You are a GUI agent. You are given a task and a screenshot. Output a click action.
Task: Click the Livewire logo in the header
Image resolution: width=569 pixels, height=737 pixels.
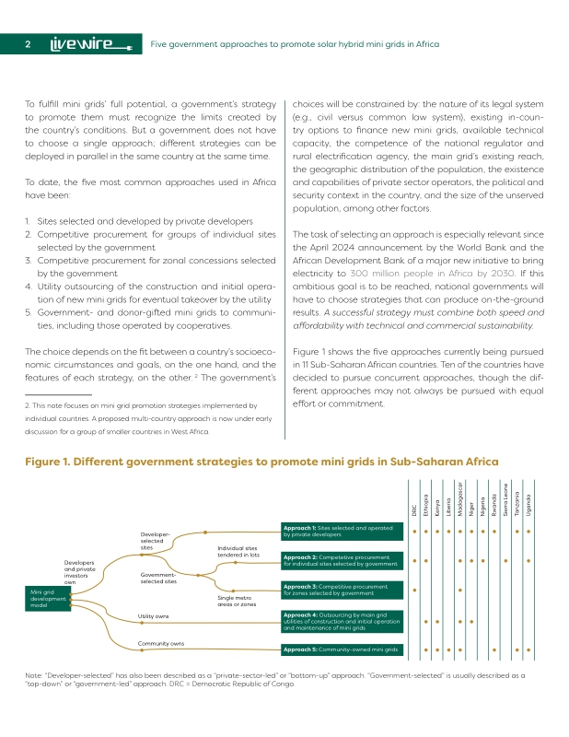pyautogui.click(x=91, y=44)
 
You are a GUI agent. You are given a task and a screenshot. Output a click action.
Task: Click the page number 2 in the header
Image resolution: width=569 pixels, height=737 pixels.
pyautogui.click(x=29, y=44)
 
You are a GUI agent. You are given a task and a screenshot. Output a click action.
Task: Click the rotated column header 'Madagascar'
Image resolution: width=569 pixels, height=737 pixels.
pyautogui.click(x=459, y=503)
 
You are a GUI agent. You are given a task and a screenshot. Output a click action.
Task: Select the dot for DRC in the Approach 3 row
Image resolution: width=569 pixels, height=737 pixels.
pyautogui.click(x=414, y=590)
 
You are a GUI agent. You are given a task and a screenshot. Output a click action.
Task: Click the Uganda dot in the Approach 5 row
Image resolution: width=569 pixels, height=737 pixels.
pyautogui.click(x=528, y=649)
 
